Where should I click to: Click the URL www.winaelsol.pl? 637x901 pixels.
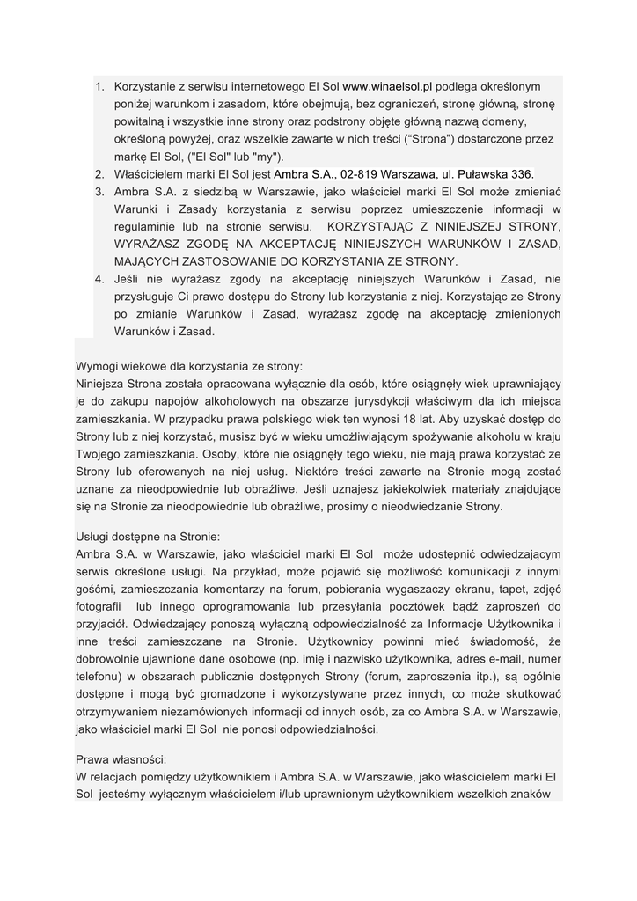coord(388,87)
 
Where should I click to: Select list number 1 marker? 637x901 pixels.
coord(99,87)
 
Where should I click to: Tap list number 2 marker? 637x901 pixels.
coord(99,174)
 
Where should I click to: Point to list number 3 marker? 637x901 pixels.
coord(99,192)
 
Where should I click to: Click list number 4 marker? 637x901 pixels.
coord(99,279)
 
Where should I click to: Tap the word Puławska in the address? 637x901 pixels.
coord(479,174)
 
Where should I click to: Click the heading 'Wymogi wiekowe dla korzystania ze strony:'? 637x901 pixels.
coord(189,366)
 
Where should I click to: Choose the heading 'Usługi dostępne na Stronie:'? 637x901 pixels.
coord(149,537)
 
